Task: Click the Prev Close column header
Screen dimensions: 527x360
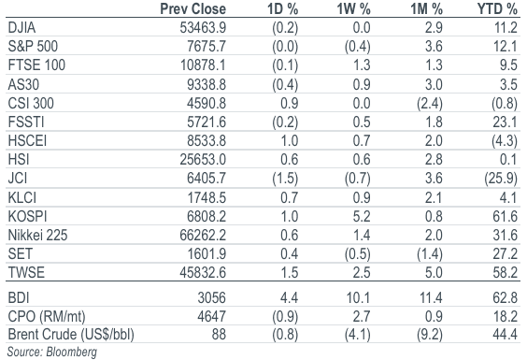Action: pos(192,8)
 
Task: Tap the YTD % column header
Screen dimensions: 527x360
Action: pos(497,8)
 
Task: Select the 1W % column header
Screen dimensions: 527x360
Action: pos(353,8)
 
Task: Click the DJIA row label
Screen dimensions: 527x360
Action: pos(21,28)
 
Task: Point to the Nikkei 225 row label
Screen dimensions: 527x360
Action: pos(37,235)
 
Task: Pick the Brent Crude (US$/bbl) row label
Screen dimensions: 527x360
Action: pos(71,335)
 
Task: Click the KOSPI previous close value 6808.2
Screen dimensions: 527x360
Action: pos(207,216)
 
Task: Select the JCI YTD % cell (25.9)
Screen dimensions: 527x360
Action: pos(501,179)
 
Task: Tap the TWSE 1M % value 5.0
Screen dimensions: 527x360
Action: pos(434,272)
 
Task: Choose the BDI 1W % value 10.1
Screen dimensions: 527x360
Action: pos(358,297)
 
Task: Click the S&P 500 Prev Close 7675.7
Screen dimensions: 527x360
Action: pos(207,46)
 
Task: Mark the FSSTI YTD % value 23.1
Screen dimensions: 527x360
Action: pos(506,122)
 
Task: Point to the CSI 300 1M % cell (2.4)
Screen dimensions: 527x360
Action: pos(430,103)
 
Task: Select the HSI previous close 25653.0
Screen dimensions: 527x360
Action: pos(203,160)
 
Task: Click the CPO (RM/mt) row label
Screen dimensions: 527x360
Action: pos(47,317)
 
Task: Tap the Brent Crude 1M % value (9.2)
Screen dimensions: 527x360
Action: pos(430,335)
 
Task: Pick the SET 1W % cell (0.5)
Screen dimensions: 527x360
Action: pos(358,254)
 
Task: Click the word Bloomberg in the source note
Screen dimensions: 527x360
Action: pos(72,352)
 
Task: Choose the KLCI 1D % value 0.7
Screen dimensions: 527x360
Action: pos(290,197)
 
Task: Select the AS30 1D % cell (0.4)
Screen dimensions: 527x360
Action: pos(285,84)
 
